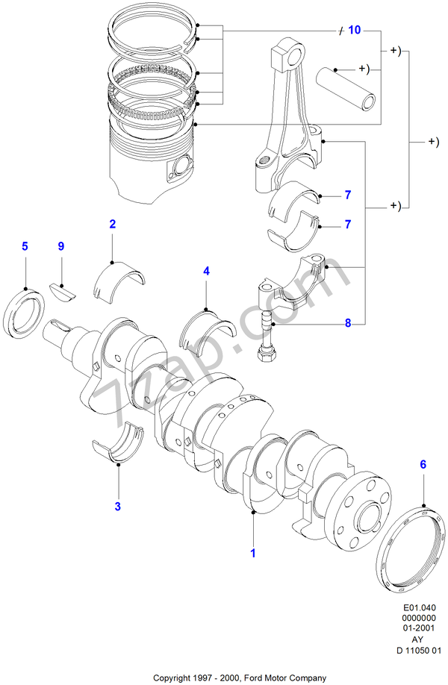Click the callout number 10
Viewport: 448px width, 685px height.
pyautogui.click(x=354, y=31)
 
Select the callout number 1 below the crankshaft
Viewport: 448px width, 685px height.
pyautogui.click(x=253, y=554)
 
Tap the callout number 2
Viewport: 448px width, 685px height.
pyautogui.click(x=112, y=224)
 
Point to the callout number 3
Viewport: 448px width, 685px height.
pyautogui.click(x=117, y=507)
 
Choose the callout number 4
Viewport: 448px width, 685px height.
pyautogui.click(x=206, y=272)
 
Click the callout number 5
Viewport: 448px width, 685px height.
pyautogui.click(x=25, y=245)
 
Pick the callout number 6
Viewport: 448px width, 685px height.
pyautogui.click(x=423, y=465)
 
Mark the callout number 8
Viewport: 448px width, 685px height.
pyautogui.click(x=347, y=324)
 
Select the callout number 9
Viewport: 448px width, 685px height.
pyautogui.click(x=61, y=245)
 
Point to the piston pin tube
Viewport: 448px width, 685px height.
pyautogui.click(x=348, y=87)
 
